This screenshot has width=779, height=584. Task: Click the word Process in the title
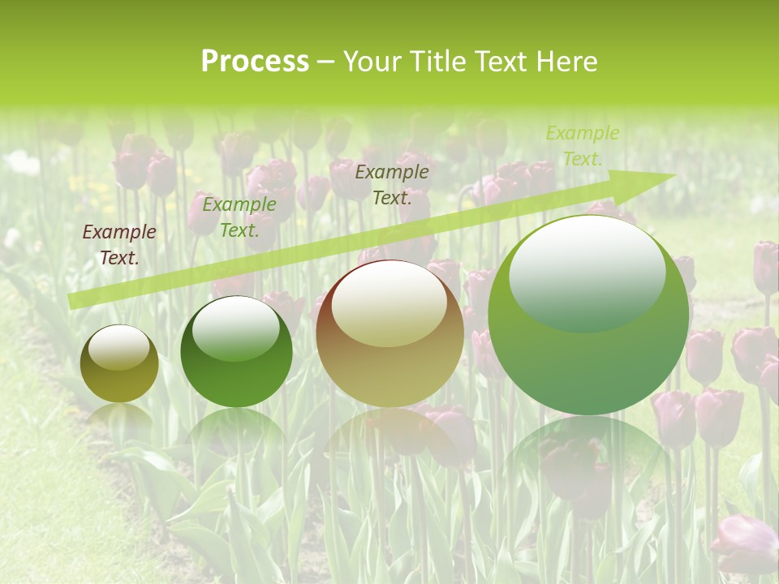[255, 62]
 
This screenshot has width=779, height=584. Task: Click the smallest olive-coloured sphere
[119, 364]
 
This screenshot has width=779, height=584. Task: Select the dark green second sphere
[236, 352]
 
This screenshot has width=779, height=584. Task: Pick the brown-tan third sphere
[389, 333]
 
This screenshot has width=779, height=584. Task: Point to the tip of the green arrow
[674, 175]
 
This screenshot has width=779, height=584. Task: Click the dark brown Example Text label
[119, 245]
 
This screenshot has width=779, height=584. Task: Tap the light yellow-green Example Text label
[582, 146]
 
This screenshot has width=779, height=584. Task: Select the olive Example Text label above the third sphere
[392, 184]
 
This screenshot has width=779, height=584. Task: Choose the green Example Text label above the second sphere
[239, 217]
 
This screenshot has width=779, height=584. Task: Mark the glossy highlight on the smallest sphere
[118, 348]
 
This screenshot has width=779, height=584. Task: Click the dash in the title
[325, 62]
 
